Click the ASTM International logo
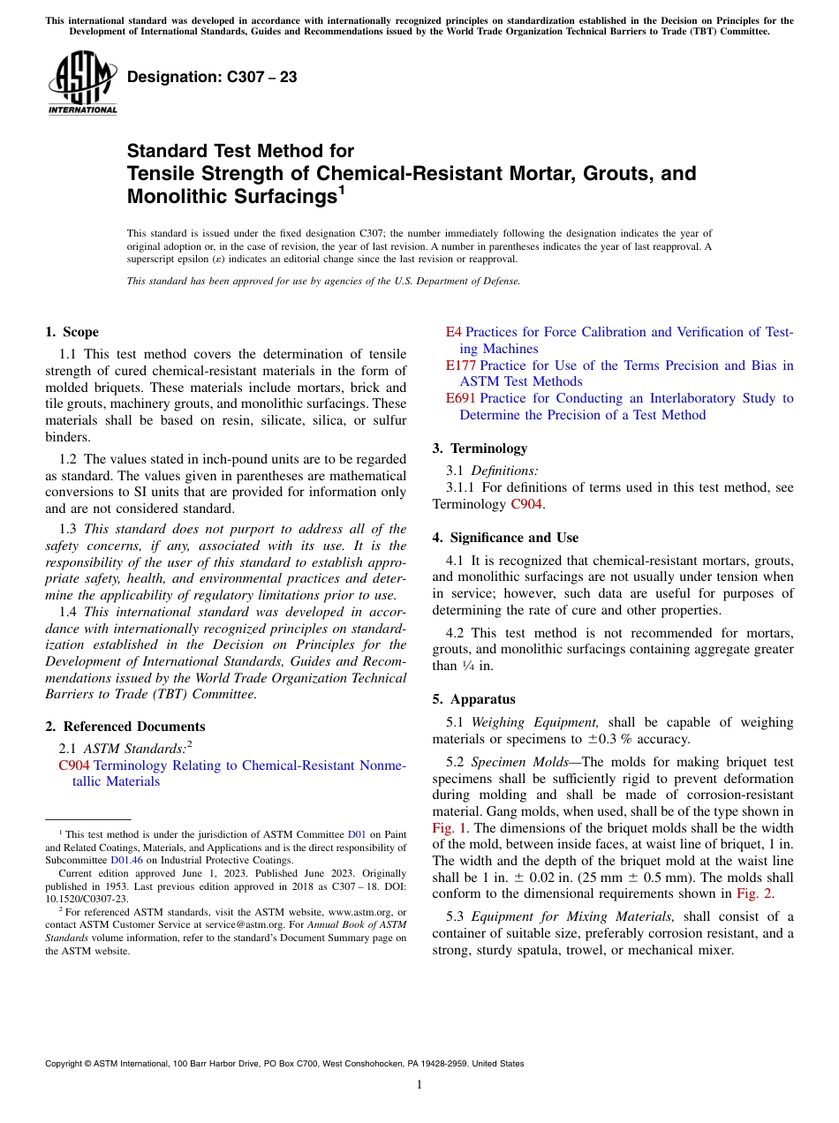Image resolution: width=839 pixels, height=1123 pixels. pos(82,84)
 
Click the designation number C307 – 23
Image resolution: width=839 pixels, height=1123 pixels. pos(212,78)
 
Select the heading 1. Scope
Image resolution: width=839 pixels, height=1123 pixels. pos(72,332)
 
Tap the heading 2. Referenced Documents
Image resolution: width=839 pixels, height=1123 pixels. pos(125,727)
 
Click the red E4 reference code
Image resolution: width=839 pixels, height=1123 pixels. pos(453,332)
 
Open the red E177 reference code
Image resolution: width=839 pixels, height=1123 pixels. pos(460,366)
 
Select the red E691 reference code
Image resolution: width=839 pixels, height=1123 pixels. pos(460,398)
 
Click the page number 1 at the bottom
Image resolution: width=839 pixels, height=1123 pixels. pos(419,1084)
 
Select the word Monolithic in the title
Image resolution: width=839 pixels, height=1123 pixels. pos(175,196)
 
